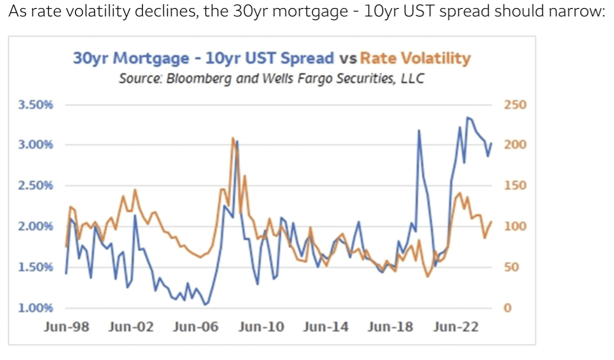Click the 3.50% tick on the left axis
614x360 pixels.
36,105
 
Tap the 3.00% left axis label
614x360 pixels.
36,145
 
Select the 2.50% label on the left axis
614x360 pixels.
36,186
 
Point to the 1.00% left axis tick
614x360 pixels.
36,308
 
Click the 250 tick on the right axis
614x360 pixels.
515,105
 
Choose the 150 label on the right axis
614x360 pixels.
515,186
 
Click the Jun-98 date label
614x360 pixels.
66,327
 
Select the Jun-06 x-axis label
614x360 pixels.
195,327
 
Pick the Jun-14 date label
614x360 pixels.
326,327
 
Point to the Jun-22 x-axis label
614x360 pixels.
455,327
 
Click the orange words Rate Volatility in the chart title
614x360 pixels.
415,58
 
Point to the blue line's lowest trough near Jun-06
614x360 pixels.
206,305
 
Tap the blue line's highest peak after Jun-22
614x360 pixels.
467,117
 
